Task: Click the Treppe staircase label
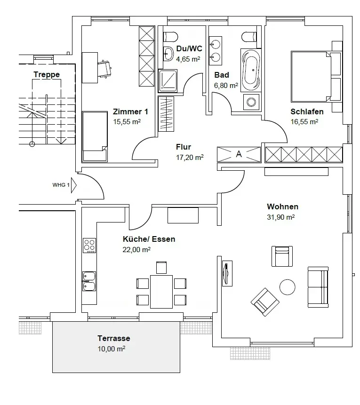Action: tap(47, 74)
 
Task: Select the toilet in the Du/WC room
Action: tap(170, 37)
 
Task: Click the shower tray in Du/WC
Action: tap(168, 80)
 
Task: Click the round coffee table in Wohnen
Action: tap(288, 286)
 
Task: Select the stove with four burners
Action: tap(89, 245)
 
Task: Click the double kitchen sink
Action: tap(89, 281)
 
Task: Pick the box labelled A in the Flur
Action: tap(239, 154)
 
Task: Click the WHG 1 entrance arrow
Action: tap(73, 185)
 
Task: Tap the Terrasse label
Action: tap(114, 338)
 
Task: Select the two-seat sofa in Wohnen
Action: tap(318, 286)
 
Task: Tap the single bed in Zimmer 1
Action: tap(94, 136)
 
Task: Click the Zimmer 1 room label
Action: tap(130, 112)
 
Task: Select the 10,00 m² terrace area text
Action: tap(111, 349)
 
